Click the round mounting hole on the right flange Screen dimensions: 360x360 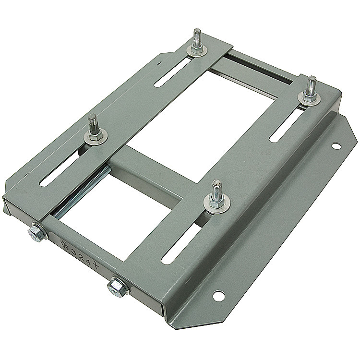[336, 145]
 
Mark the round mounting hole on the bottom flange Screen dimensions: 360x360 [218, 296]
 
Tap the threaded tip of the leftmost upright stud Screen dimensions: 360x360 [91, 118]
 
